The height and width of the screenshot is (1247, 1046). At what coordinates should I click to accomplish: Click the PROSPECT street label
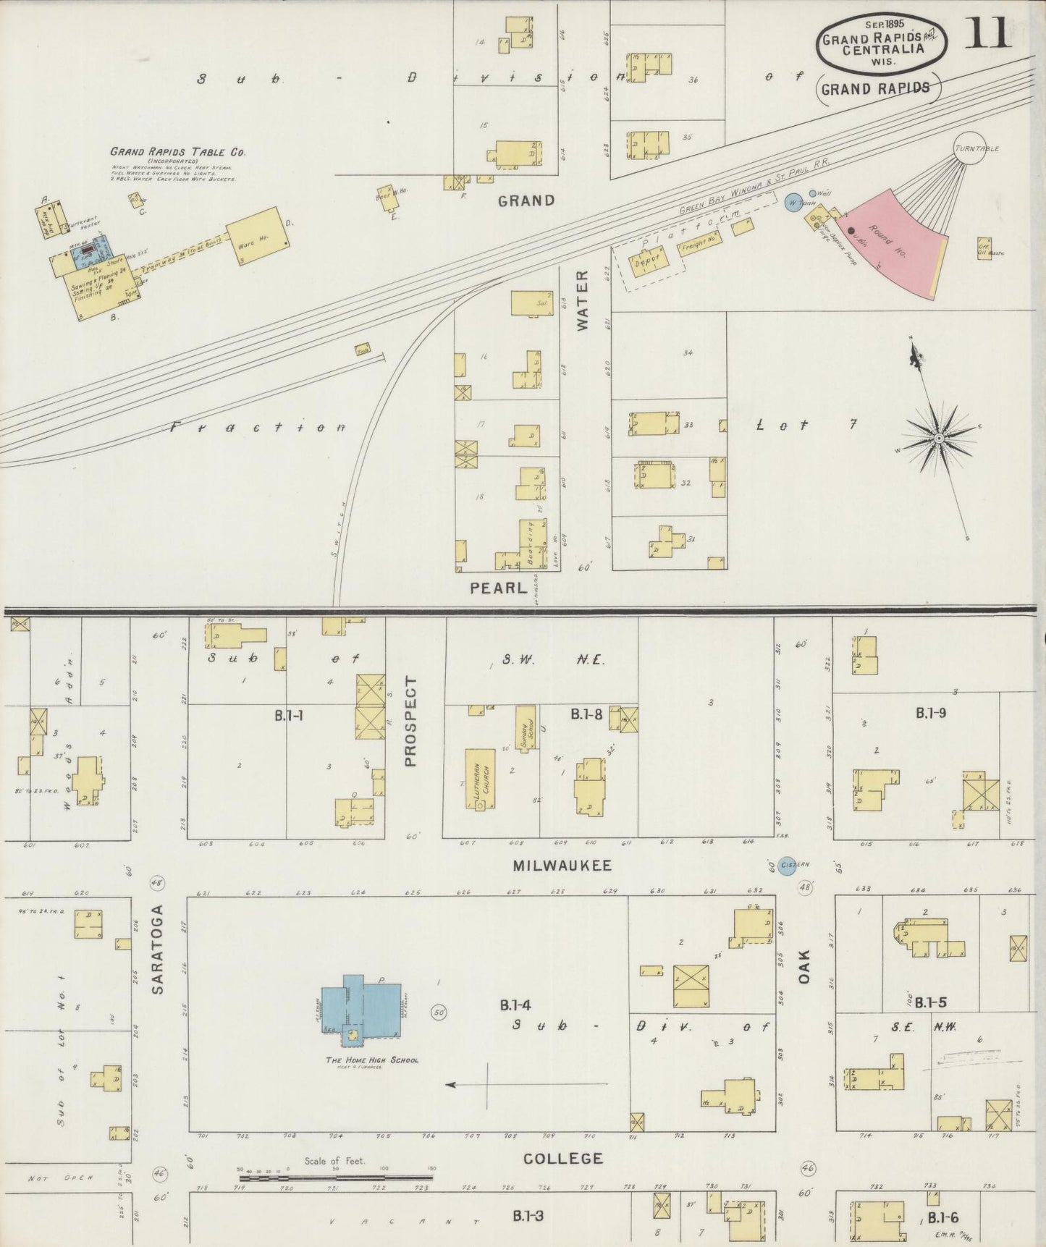pyautogui.click(x=410, y=721)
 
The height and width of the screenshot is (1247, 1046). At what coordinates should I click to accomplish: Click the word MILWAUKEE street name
pyautogui.click(x=562, y=866)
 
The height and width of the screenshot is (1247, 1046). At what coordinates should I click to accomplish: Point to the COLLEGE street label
pyautogui.click(x=563, y=1159)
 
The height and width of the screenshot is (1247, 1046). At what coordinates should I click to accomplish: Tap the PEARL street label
pyautogui.click(x=498, y=588)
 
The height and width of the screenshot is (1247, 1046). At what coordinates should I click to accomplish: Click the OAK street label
pyautogui.click(x=804, y=966)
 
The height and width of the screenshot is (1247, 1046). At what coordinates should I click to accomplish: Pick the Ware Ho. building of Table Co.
pyautogui.click(x=253, y=234)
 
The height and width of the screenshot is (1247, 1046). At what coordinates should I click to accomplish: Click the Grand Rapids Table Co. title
pyautogui.click(x=177, y=152)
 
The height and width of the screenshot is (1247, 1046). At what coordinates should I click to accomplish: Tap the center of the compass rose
pyautogui.click(x=938, y=438)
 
